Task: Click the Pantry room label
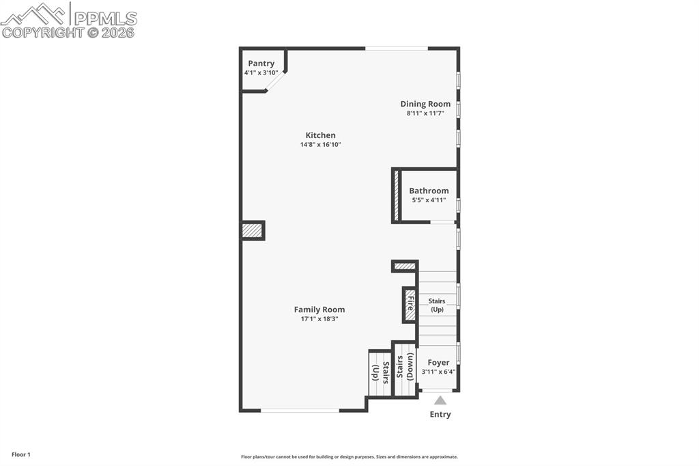261,64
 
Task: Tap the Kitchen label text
320,135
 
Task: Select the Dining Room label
425,104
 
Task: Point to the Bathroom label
429,191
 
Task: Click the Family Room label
319,310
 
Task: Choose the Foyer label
438,363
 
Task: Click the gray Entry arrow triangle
440,400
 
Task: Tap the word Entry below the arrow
440,414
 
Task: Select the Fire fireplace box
410,304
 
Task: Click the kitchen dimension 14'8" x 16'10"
320,145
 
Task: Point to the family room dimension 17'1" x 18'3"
319,319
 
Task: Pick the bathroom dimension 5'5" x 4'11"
429,200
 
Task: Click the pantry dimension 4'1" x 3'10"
261,72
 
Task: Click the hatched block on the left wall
252,231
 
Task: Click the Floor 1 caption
21,454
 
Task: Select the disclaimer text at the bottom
349,457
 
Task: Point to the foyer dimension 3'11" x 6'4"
438,372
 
